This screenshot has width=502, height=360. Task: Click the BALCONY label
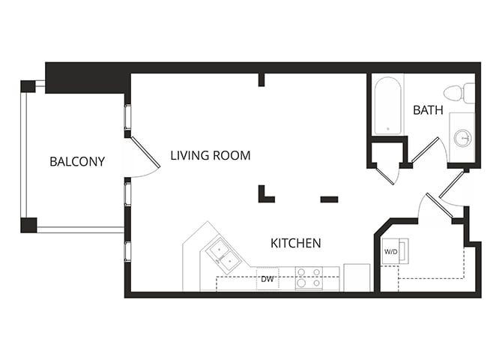pos(77,161)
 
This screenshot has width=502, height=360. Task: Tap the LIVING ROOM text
pos(210,156)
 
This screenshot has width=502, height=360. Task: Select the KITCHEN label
pos(296,243)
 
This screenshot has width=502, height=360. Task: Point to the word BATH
pos(428,110)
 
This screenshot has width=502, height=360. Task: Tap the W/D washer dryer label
pos(390,252)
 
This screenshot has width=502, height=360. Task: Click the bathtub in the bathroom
pos(388,105)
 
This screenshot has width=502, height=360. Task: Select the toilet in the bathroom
pos(459,93)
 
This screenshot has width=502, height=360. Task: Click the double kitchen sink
pos(223,253)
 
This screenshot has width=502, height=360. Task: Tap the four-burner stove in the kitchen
pos(309,278)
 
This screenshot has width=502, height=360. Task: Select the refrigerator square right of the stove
pos(357,277)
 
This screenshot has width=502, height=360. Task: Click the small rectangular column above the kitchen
pos(329,199)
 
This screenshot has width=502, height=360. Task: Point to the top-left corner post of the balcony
pos(28,85)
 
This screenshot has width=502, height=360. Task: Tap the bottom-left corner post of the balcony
pos(28,224)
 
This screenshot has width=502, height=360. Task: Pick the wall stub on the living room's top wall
pos(261,79)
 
